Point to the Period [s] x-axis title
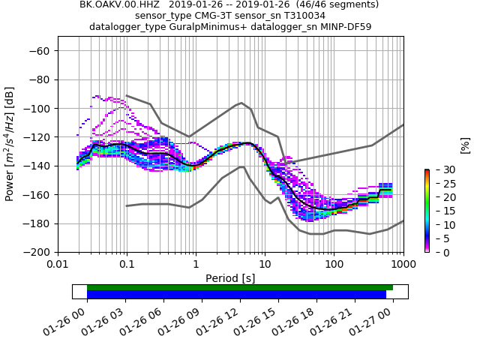pos(230,278)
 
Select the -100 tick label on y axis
pos(37,109)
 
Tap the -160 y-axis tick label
pos(37,195)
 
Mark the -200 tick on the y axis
pos(37,253)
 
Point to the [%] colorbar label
pos(465,144)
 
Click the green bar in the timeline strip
pos(240,287)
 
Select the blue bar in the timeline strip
pos(236,295)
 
